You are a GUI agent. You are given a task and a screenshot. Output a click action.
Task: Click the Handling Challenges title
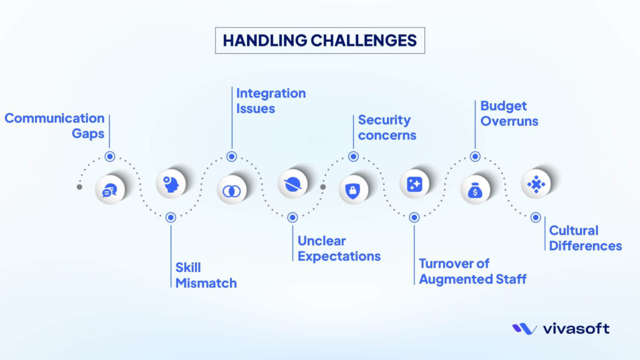(319, 41)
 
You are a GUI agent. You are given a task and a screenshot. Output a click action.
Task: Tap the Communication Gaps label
(54, 126)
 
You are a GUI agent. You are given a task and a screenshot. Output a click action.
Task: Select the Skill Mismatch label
(206, 275)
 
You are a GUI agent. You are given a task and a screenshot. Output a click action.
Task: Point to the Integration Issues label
(271, 101)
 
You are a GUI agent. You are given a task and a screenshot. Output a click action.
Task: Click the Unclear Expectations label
(339, 248)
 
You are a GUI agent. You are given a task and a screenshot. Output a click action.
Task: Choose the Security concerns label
(387, 127)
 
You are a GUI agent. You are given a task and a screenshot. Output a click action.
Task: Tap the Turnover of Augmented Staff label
(472, 271)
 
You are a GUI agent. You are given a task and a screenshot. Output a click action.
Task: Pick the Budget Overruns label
(509, 114)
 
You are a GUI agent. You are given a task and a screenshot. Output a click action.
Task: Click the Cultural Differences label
(585, 238)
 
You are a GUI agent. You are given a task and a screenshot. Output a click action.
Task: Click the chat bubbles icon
(110, 190)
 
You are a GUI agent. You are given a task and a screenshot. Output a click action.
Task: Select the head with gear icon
(171, 184)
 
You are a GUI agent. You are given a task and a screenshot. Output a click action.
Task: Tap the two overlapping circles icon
(231, 190)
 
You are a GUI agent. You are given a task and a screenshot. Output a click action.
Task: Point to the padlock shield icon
(353, 190)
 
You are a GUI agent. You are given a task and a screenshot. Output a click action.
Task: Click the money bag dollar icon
(475, 190)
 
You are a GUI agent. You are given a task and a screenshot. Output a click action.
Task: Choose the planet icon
(292, 184)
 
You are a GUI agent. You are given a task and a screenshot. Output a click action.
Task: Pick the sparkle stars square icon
(414, 184)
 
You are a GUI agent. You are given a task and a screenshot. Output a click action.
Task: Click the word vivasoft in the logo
(576, 328)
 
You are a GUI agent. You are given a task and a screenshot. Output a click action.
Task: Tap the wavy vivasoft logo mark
(524, 329)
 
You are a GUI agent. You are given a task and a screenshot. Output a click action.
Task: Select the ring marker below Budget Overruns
(475, 156)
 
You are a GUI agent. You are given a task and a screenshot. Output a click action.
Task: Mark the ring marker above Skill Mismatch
(171, 217)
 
